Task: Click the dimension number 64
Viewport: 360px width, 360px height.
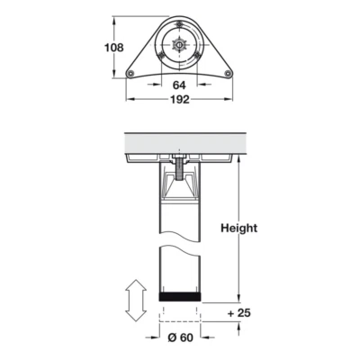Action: click(x=179, y=85)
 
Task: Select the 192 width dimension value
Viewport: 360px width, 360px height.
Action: click(x=179, y=101)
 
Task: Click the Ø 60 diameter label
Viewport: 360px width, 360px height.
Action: click(x=178, y=340)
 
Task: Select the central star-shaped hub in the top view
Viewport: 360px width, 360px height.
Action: click(x=179, y=41)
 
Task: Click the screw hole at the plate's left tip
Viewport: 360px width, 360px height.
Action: click(x=131, y=73)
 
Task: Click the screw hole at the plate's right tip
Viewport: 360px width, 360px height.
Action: click(x=228, y=73)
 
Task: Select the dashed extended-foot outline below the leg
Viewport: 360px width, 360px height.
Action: click(x=178, y=312)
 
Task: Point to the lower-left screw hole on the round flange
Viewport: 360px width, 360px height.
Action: click(x=163, y=55)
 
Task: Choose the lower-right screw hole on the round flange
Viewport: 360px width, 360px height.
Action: click(x=195, y=55)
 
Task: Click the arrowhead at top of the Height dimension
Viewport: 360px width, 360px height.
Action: click(x=240, y=162)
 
